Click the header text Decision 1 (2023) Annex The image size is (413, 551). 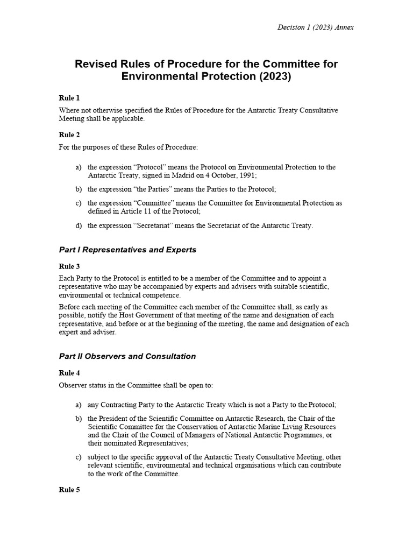point(315,27)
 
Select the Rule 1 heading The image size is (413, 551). point(69,98)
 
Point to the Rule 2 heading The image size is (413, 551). point(69,135)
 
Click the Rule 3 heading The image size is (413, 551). point(69,266)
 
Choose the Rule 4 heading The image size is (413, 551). point(69,372)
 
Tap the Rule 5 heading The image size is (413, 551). point(69,490)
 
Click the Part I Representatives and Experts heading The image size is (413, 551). point(127,250)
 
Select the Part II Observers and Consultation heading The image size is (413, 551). point(127,356)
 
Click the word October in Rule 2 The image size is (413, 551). point(223,175)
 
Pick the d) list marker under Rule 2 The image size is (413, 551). point(79,225)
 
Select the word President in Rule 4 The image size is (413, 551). point(115,418)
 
